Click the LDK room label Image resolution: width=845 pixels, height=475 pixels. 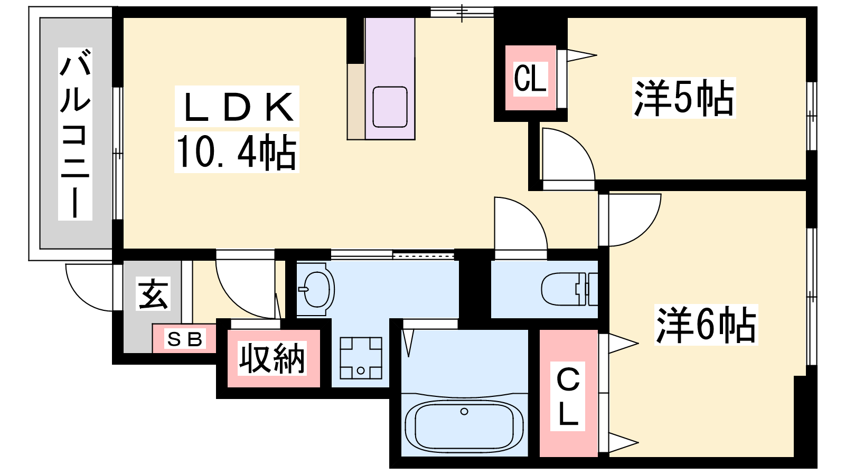[237, 107]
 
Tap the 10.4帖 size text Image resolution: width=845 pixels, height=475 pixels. [237, 153]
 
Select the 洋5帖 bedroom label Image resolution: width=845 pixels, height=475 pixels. [684, 98]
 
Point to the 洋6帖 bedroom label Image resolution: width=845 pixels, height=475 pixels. [706, 325]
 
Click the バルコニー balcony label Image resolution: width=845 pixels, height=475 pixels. [75, 134]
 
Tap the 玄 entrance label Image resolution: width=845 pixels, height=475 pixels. [153, 293]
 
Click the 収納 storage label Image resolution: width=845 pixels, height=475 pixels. [271, 358]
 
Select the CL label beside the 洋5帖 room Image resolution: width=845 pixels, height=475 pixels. [530, 79]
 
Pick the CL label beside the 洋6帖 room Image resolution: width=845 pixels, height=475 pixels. [568, 396]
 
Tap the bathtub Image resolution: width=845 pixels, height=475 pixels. [464, 425]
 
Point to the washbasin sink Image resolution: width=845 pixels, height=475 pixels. [316, 289]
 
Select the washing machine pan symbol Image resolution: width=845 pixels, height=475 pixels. [361, 358]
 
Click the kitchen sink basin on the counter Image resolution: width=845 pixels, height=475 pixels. [390, 107]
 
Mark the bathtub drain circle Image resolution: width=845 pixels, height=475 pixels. [464, 411]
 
